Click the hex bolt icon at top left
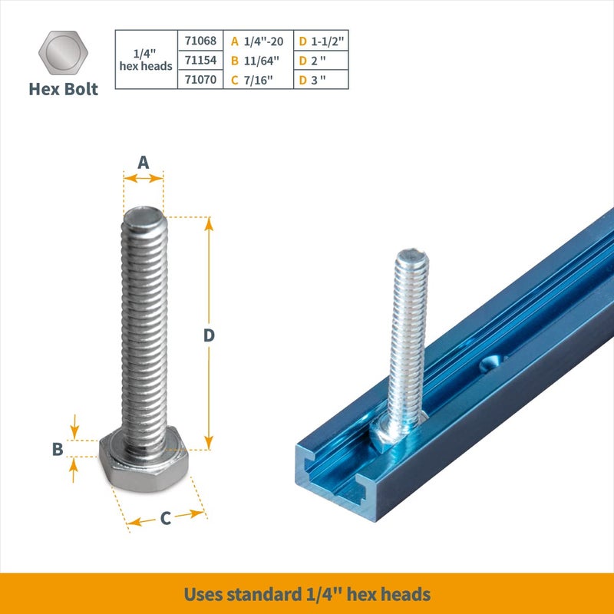click(64, 54)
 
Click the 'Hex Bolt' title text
click(64, 89)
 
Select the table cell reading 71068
click(201, 41)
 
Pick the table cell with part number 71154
click(201, 60)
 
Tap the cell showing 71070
click(201, 80)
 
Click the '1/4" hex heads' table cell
click(146, 60)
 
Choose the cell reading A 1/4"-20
click(258, 41)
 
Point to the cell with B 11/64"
click(258, 60)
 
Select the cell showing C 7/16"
click(258, 80)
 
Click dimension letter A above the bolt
click(143, 162)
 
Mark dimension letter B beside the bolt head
click(58, 450)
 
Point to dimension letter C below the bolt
click(165, 519)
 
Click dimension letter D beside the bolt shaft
click(209, 335)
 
